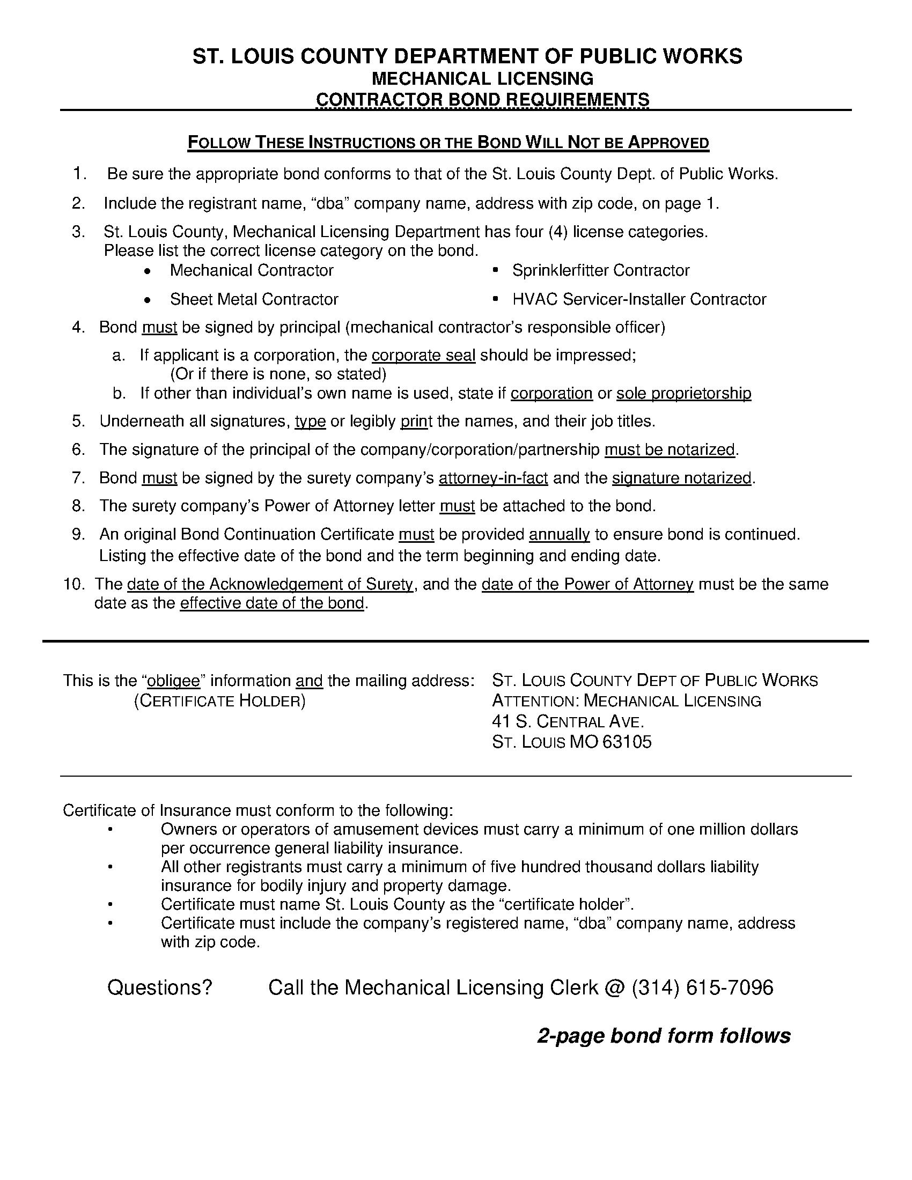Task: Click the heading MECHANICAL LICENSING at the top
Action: tap(482, 78)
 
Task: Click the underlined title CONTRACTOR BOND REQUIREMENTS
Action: tap(482, 99)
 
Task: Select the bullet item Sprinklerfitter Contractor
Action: tap(600, 270)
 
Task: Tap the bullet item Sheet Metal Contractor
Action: tap(253, 299)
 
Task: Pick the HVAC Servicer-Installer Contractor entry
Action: tap(638, 299)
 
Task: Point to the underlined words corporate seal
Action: tap(424, 356)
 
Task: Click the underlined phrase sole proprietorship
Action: tap(683, 393)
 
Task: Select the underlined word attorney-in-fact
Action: tap(493, 478)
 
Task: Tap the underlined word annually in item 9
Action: tap(559, 534)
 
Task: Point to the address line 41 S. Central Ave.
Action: tap(568, 721)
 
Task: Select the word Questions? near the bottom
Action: tap(160, 987)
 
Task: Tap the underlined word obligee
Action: tap(173, 681)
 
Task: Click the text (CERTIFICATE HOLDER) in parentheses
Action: tap(219, 702)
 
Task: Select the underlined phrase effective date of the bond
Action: tap(273, 603)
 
